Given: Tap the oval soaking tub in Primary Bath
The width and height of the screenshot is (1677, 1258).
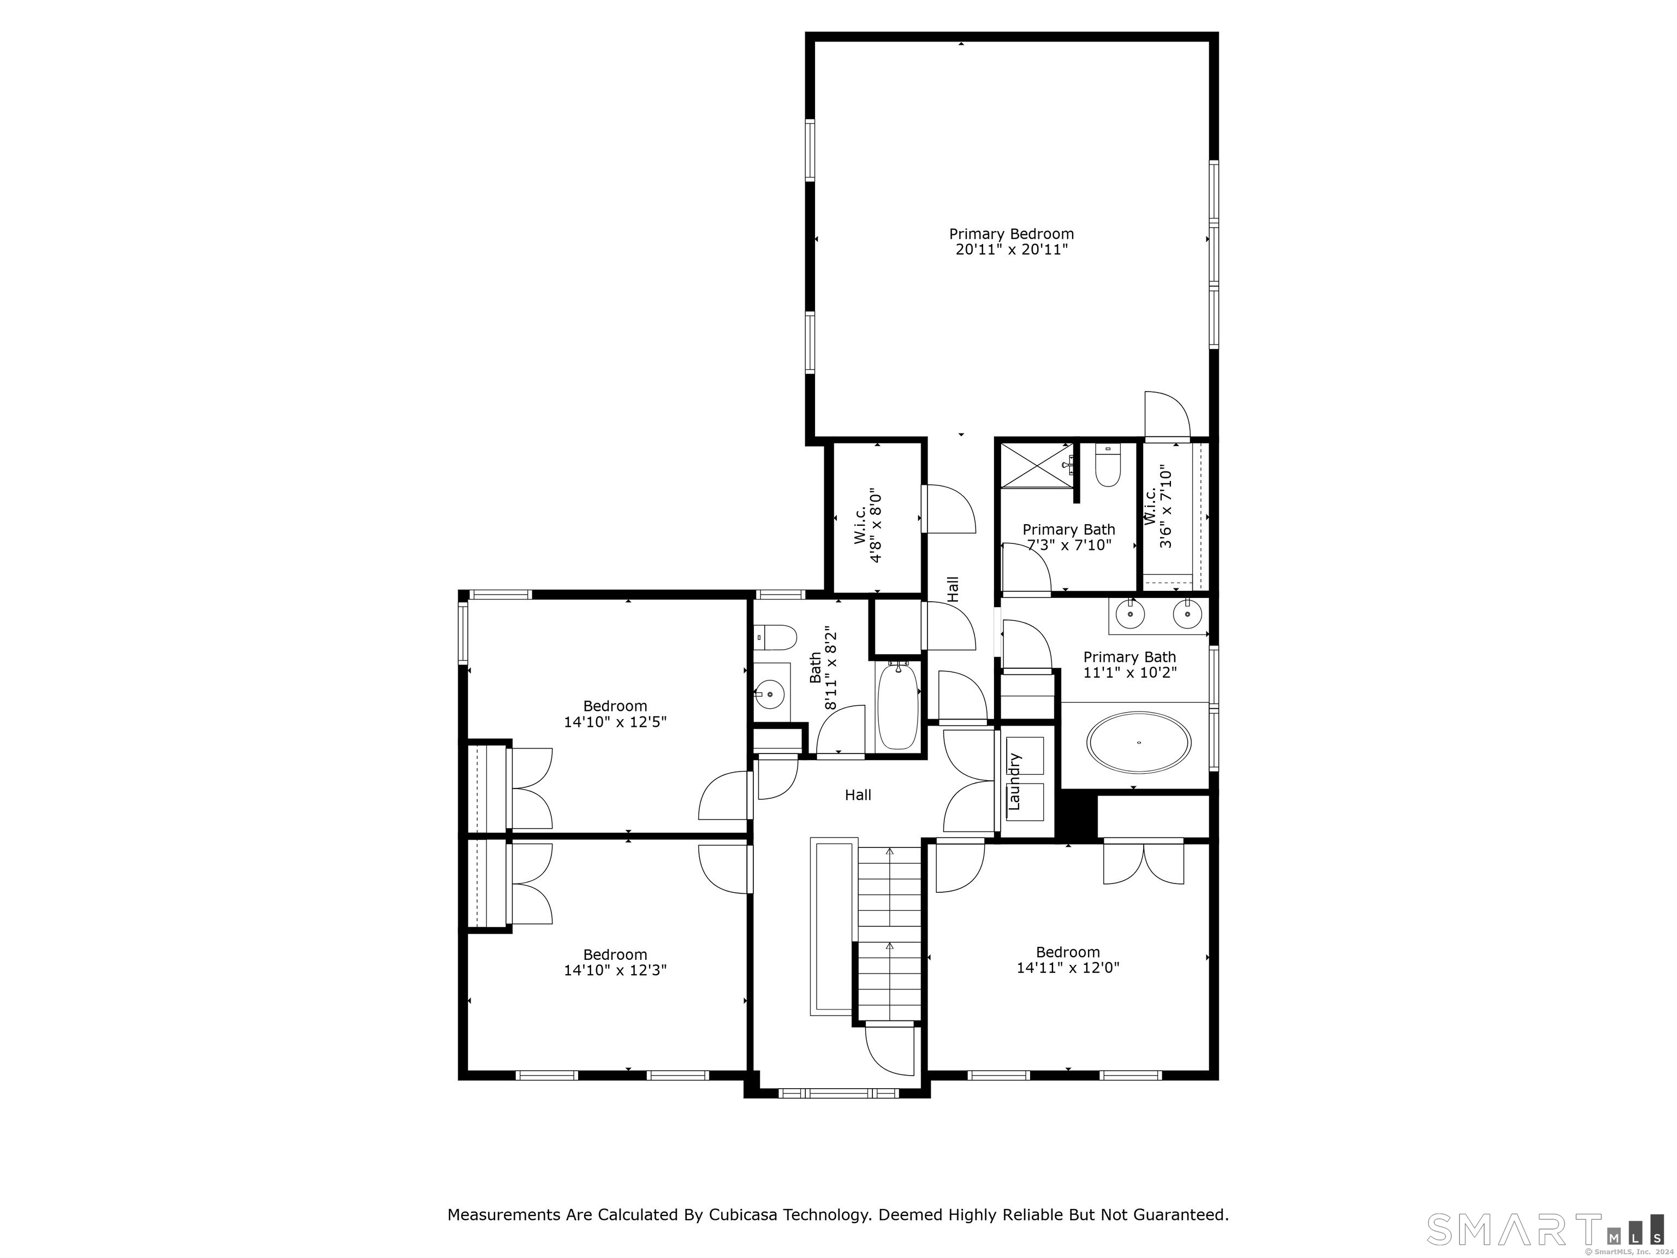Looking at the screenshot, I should pos(1138,743).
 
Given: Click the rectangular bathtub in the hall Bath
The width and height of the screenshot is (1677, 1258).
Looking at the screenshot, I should pos(899,706).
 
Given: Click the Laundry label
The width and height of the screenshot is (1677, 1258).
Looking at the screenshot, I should pos(1015,781).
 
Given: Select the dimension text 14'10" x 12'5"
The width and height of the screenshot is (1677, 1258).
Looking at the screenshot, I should pos(615,722).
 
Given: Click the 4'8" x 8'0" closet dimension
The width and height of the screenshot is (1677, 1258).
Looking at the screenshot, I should pos(876,525).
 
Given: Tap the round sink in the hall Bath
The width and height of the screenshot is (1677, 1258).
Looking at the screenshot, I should pos(770,693).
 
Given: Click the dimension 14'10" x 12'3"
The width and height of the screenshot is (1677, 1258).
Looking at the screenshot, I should pos(615,970).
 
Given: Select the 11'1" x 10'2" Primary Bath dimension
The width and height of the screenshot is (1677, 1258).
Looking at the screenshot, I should pos(1129,673).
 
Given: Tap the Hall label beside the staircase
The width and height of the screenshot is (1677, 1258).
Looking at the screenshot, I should pos(858,794).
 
